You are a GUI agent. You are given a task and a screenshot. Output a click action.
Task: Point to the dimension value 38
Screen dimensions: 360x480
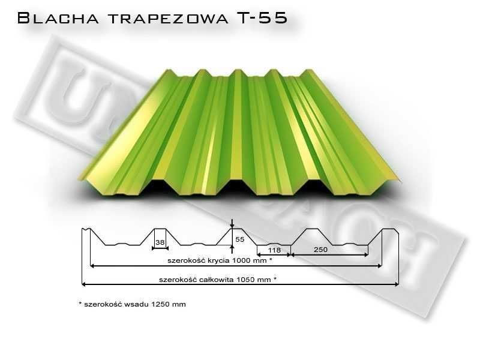pos(160,242)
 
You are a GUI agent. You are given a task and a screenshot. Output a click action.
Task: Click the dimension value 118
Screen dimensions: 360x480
pos(274,250)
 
